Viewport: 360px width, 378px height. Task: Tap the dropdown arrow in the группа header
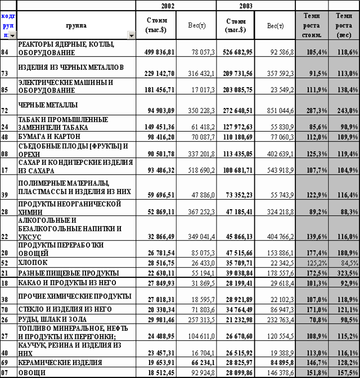point(131,35)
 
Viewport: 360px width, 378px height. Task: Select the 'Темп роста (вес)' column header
point(344,26)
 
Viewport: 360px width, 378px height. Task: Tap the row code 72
point(6,105)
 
